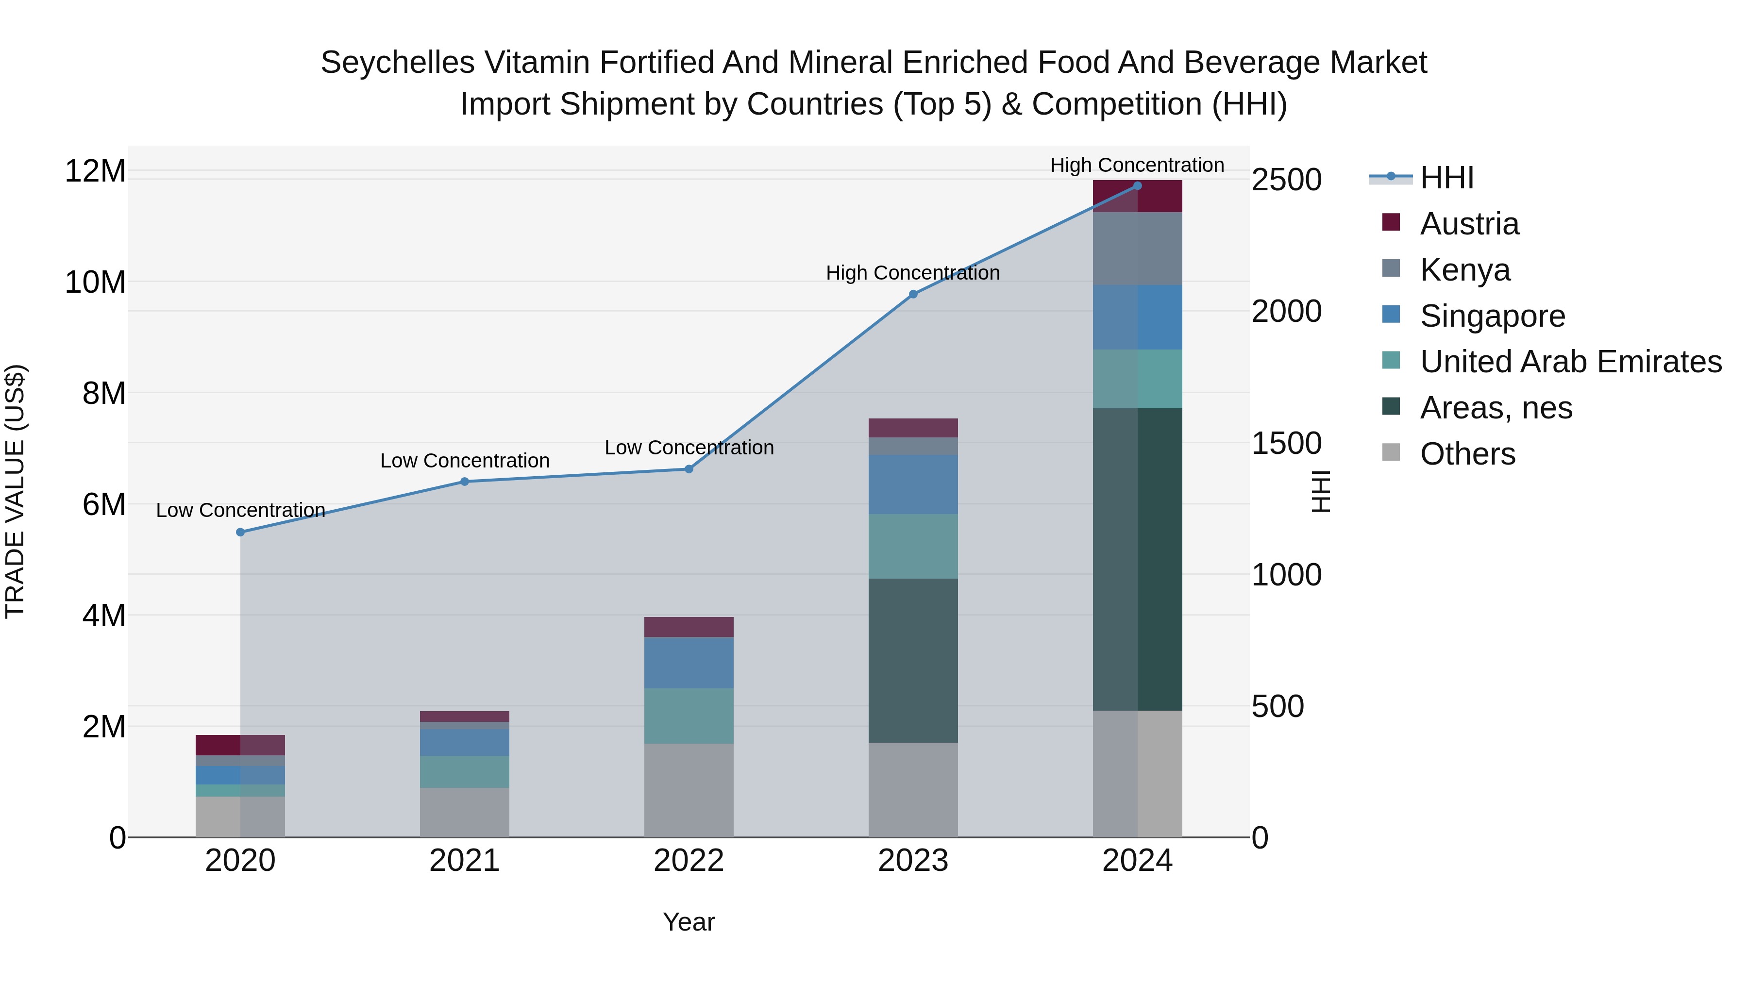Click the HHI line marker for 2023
coord(913,295)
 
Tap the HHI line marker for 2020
coord(240,533)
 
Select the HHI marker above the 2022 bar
coord(689,469)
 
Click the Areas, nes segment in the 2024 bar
coord(1137,559)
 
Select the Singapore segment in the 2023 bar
coord(913,484)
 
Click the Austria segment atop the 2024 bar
coord(1137,196)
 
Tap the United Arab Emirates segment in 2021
coord(464,772)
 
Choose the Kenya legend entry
coord(1464,270)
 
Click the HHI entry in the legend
coord(1446,178)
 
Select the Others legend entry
coord(1467,454)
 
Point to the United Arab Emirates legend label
coord(1570,362)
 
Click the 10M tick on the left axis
coord(96,282)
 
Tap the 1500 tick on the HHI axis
coord(1286,444)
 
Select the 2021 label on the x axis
coord(464,861)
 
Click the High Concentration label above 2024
coord(1137,165)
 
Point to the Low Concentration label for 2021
coord(464,461)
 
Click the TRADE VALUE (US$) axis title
coord(15,491)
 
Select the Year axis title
coord(688,922)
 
